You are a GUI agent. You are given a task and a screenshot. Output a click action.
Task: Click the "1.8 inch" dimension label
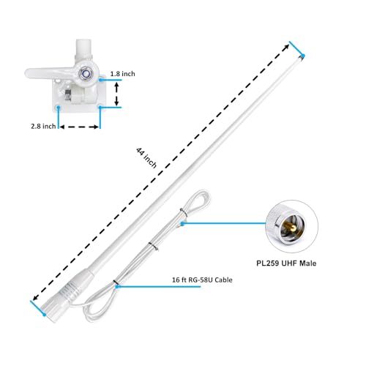tap(123, 75)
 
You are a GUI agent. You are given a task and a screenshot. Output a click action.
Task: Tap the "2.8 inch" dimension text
tap(43, 127)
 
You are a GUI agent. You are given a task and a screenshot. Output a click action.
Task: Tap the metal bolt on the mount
tap(87, 74)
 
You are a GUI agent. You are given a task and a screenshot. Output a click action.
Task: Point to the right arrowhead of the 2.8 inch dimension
tap(97, 127)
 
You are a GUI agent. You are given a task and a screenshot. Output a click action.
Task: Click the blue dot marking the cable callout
tap(115, 286)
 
